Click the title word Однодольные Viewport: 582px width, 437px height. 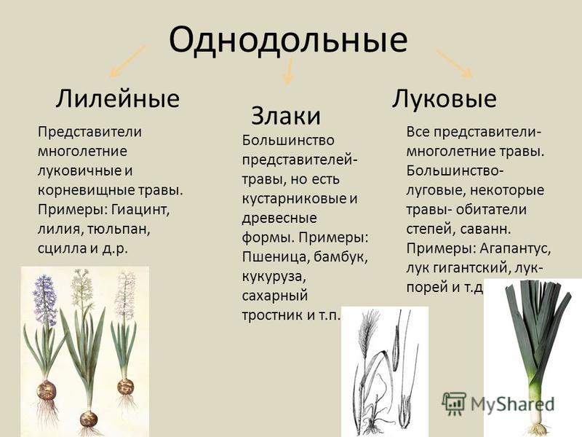click(x=288, y=39)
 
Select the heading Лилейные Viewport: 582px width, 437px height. click(x=118, y=99)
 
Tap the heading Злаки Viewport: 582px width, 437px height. click(x=286, y=116)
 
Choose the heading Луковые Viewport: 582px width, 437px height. click(x=445, y=99)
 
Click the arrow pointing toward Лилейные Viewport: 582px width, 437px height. click(x=127, y=61)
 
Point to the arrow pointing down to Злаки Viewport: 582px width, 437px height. click(x=289, y=71)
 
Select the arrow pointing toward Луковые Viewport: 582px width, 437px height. click(x=454, y=63)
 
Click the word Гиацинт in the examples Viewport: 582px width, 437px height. click(x=140, y=210)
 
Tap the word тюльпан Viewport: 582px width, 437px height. click(x=119, y=229)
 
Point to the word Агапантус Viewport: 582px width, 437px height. click(x=515, y=248)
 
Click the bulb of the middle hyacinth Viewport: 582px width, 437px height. click(x=89, y=420)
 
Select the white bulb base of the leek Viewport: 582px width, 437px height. click(x=535, y=411)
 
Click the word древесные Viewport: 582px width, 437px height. click(x=279, y=218)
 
